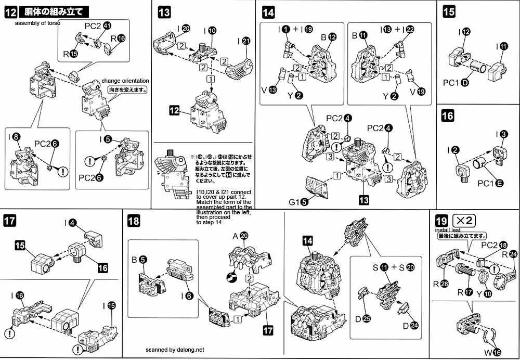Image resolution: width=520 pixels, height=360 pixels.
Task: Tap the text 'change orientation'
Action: pos(125,81)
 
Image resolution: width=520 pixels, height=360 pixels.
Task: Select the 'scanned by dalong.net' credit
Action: pos(175,350)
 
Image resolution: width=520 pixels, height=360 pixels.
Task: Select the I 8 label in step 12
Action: pos(15,138)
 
